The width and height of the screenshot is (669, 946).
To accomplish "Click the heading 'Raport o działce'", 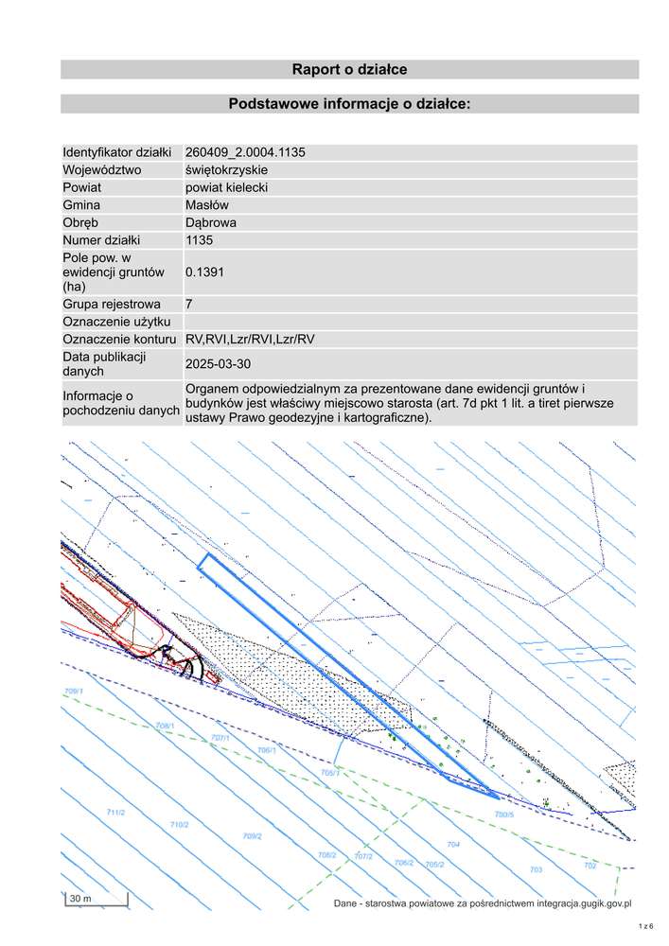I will tap(349, 70).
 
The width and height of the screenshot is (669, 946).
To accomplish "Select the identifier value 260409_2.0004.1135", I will tap(245, 152).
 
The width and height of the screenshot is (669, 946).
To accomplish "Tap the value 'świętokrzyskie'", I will tap(227, 169).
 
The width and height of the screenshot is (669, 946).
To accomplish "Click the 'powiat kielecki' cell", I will tap(227, 187).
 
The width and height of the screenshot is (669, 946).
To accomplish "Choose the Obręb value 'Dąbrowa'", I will tap(211, 223).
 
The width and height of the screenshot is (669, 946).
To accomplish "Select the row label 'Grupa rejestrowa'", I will tap(111, 305).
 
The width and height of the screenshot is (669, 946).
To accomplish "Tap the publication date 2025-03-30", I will tap(219, 363).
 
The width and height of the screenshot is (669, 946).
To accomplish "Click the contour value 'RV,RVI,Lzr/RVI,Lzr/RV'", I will tap(251, 340).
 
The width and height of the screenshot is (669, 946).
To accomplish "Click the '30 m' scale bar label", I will tap(79, 897).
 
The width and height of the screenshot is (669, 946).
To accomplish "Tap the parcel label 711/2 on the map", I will tap(116, 813).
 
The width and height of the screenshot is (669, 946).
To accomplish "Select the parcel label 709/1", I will tap(74, 692).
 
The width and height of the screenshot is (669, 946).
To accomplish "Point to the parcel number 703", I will tap(536, 868).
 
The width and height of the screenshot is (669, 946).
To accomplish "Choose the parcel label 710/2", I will tap(179, 825).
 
